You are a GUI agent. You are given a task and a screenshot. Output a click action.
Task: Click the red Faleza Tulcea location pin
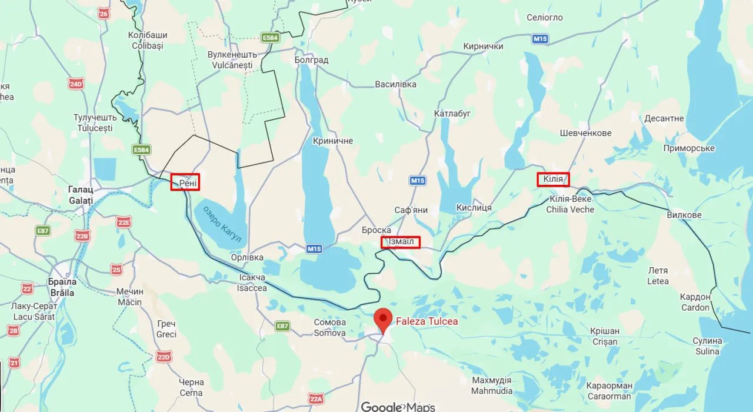point(384,320)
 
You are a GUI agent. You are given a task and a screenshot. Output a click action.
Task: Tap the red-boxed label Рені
point(185,182)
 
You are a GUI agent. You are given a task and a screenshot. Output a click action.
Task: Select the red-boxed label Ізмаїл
point(401,242)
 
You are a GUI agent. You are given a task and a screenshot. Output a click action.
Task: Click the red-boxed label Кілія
point(553,180)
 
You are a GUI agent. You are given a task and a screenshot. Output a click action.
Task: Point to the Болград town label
point(311,60)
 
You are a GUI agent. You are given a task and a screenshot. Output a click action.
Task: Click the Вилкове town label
point(684,215)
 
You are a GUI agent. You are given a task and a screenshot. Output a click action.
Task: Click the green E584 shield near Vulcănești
point(271,38)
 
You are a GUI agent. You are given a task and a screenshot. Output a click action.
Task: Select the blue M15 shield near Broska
point(418,181)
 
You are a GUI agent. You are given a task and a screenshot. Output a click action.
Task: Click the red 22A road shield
point(316,400)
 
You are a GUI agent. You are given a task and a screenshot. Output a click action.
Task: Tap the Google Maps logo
point(398,407)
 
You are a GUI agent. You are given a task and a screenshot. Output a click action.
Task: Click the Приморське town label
point(689,148)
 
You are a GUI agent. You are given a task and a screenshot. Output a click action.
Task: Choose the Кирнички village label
point(483,46)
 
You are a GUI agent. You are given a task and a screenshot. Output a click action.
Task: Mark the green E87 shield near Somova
point(282,325)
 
